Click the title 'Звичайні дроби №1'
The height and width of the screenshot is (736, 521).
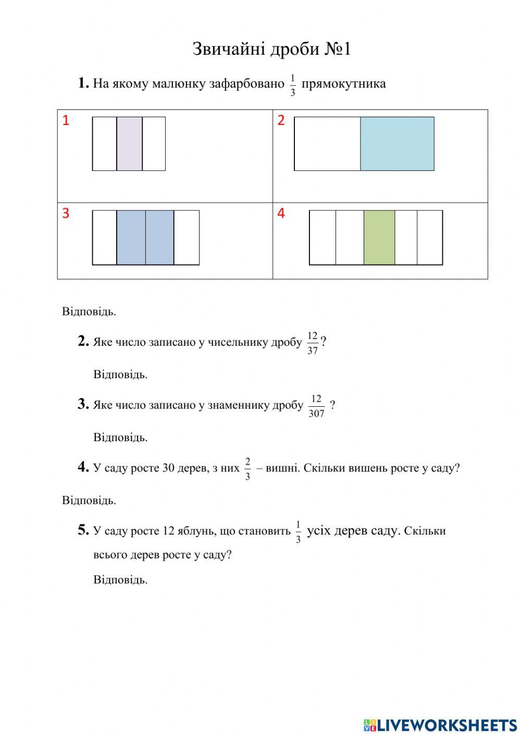click(271, 49)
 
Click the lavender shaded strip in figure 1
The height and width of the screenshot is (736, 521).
click(129, 144)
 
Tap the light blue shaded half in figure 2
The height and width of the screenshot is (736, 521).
click(397, 144)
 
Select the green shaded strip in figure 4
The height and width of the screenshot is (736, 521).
click(379, 238)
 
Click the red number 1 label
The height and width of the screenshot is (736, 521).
click(66, 121)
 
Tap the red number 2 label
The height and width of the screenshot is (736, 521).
click(281, 121)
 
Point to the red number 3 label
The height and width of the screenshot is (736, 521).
click(66, 214)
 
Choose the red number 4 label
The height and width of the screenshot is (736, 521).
click(281, 214)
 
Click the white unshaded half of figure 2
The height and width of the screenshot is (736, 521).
click(327, 144)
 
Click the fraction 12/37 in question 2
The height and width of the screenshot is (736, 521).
click(313, 343)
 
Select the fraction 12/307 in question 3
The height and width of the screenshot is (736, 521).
click(316, 406)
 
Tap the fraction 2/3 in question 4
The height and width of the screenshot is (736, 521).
click(247, 468)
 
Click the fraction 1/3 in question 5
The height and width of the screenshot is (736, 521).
click(298, 531)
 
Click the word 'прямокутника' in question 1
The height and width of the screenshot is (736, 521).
click(344, 84)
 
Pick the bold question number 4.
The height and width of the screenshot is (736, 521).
click(83, 467)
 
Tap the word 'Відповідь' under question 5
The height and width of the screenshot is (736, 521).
click(120, 580)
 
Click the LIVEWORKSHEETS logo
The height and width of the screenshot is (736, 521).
click(440, 725)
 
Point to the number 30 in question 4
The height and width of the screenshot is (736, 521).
click(168, 468)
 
